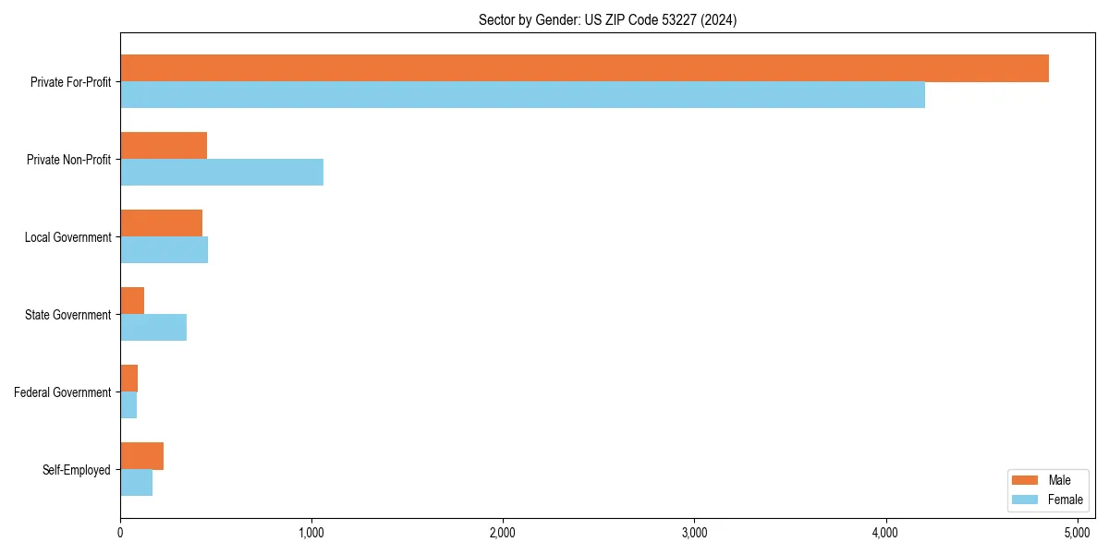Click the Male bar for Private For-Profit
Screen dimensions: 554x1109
pos(584,68)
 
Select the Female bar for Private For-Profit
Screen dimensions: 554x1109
pos(522,95)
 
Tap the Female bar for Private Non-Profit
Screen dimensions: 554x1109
pos(222,173)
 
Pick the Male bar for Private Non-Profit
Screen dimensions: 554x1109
pos(164,146)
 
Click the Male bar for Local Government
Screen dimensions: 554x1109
pos(161,223)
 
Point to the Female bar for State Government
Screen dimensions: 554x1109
pos(153,328)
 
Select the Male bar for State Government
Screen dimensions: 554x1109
pos(132,301)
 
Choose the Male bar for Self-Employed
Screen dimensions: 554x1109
pos(141,456)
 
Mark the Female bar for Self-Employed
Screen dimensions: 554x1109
pos(136,483)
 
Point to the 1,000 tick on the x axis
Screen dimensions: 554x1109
pos(311,533)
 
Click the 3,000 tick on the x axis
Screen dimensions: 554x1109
pos(694,533)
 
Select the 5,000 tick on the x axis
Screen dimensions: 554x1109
pos(1078,533)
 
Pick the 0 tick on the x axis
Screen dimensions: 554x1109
pos(120,533)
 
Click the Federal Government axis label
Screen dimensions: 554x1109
pos(63,392)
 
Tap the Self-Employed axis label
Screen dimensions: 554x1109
pos(77,470)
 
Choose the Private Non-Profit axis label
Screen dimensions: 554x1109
pos(68,160)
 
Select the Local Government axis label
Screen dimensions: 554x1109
pos(67,237)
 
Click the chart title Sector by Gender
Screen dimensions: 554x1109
pos(607,19)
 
